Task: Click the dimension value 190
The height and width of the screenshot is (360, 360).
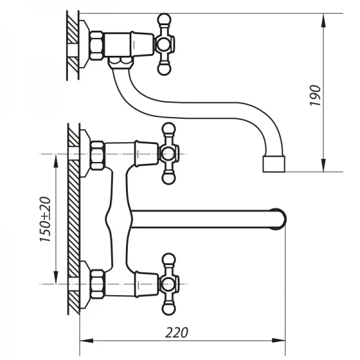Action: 316,95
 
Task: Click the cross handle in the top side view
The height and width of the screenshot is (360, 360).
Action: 165,44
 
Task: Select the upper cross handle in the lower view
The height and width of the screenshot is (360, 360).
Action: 169,154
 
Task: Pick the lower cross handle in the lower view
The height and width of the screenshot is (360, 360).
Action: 169,284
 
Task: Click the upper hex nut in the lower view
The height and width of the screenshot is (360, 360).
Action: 97,155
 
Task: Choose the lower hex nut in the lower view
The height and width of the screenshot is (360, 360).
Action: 97,284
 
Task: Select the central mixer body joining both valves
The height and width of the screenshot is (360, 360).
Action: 120,219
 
